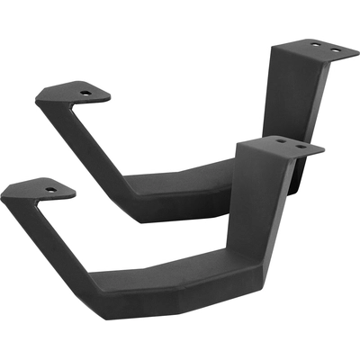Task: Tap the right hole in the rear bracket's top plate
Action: coord(337,49)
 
